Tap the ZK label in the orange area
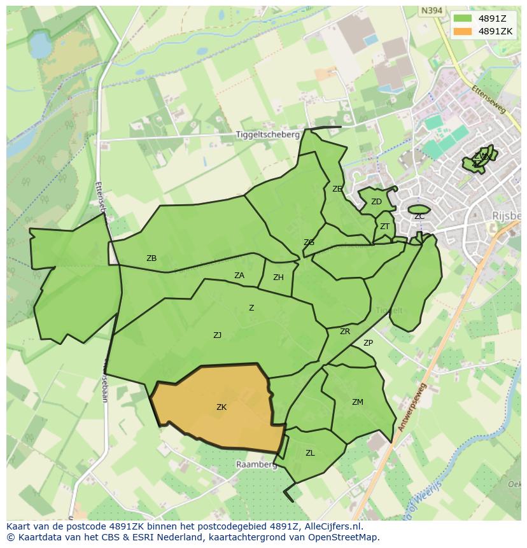point(221,407)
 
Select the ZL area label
point(310,453)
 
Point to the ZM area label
point(358,402)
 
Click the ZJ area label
point(218,335)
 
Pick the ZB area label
point(151,258)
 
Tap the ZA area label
point(239,276)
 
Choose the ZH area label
point(278,278)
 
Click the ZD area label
point(376,202)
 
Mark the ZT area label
point(384,227)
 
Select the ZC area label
point(419,217)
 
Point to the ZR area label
point(345,332)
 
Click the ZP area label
point(368,343)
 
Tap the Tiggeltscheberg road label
point(267,135)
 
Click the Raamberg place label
point(256,465)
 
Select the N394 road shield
point(432,11)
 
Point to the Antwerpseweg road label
point(411,408)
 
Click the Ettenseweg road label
point(489,100)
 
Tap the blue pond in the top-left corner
point(39,46)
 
